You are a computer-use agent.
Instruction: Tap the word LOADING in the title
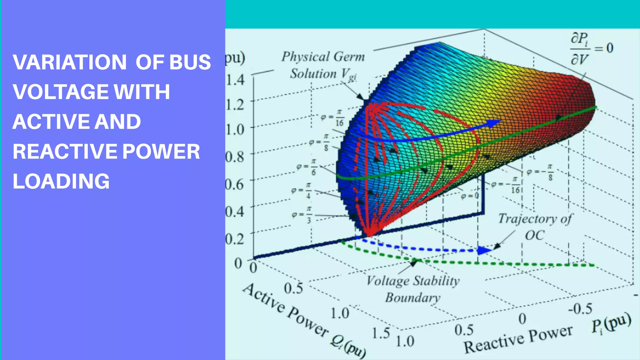point(61,181)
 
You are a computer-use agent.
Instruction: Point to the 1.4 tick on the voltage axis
point(235,80)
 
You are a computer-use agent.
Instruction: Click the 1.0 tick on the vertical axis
point(235,129)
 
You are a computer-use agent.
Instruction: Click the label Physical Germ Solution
point(323,65)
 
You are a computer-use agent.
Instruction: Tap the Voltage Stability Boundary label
point(413,289)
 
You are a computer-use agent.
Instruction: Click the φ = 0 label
point(470,196)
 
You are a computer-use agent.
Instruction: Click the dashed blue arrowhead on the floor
point(483,250)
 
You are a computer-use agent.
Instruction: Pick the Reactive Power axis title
point(518,339)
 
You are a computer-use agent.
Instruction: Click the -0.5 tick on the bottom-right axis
point(580,309)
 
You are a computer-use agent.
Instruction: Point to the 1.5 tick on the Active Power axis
point(381,333)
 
